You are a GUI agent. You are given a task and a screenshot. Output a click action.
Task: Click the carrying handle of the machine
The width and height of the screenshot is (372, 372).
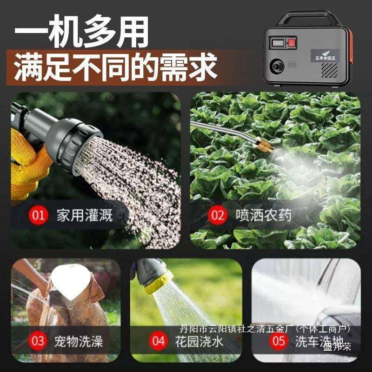click(307, 15)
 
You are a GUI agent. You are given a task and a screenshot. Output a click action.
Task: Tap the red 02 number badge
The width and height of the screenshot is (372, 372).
click(217, 215)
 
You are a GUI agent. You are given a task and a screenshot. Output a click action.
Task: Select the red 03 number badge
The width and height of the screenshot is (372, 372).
click(38, 341)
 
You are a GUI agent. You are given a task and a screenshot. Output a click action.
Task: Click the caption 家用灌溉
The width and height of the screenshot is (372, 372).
click(85, 215)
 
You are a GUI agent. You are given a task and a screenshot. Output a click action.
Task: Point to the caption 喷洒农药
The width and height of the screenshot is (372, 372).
click(264, 215)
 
